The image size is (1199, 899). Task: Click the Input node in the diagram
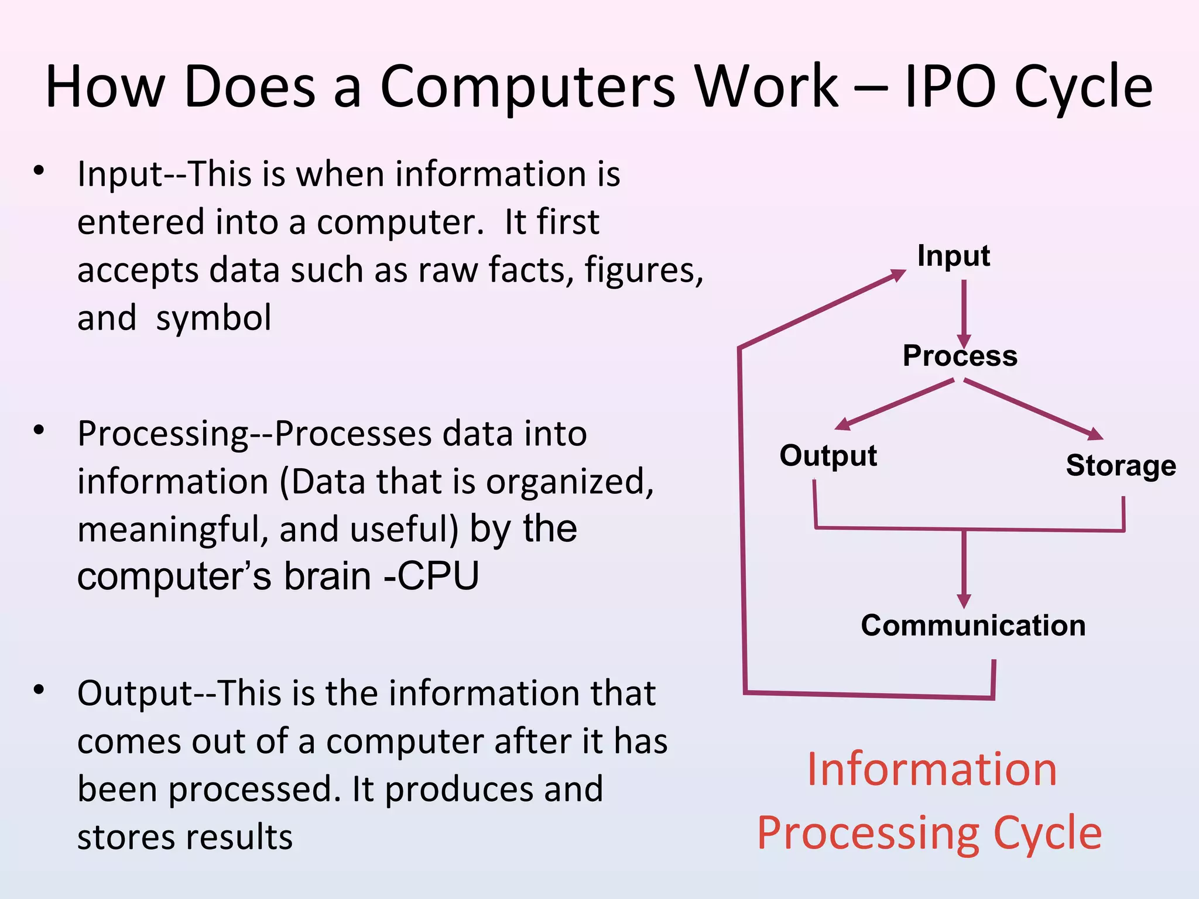[953, 256]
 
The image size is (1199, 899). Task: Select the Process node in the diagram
[960, 356]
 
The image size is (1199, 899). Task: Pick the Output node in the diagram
[828, 455]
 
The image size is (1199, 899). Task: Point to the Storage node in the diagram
[1121, 466]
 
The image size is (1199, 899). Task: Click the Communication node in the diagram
[973, 625]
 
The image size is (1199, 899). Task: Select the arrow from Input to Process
[964, 313]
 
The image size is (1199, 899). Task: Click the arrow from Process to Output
[896, 404]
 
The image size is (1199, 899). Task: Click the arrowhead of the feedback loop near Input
[897, 275]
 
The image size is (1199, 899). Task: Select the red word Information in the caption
[932, 769]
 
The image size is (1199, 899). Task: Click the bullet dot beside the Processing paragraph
[39, 431]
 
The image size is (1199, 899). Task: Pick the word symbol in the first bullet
[214, 318]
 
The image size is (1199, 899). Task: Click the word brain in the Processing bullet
[328, 576]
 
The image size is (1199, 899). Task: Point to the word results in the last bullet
[244, 837]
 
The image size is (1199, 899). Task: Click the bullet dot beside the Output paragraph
[39, 690]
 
